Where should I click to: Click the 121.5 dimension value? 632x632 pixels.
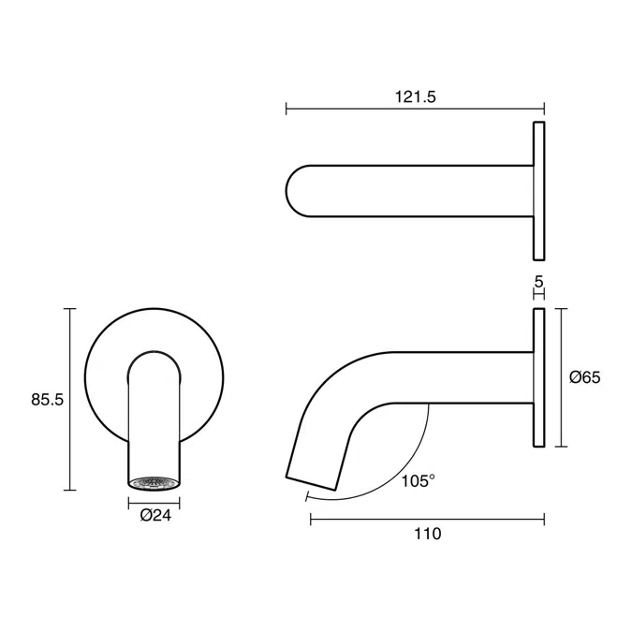pyautogui.click(x=417, y=96)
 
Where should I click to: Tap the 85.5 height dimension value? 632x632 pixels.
pyautogui.click(x=47, y=399)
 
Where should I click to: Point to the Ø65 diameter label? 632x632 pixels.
pyautogui.click(x=585, y=377)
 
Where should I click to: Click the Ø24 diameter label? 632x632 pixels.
pyautogui.click(x=154, y=514)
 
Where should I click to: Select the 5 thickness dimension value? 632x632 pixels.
pyautogui.click(x=538, y=280)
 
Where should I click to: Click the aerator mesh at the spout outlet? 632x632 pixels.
pyautogui.click(x=154, y=483)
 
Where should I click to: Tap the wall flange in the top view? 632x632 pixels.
pyautogui.click(x=538, y=190)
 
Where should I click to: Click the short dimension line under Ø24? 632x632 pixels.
pyautogui.click(x=154, y=502)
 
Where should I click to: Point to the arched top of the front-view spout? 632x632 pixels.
pyautogui.click(x=154, y=357)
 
